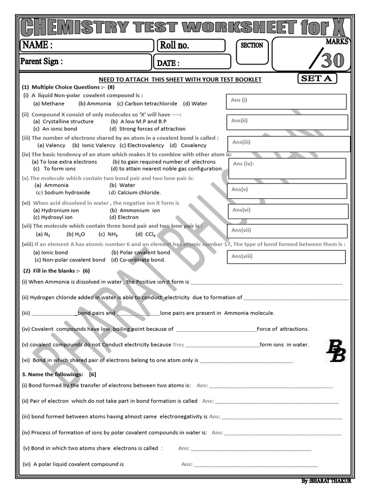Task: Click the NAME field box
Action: click(x=86, y=45)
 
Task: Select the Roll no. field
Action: click(x=191, y=45)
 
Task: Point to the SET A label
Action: click(x=317, y=78)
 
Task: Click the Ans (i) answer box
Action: click(x=286, y=102)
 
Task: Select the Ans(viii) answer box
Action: click(x=285, y=257)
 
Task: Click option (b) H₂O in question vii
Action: click(x=76, y=234)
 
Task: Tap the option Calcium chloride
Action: click(x=128, y=193)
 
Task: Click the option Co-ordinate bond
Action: click(x=138, y=260)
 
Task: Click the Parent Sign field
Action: click(x=85, y=62)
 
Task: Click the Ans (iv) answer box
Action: click(x=288, y=168)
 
